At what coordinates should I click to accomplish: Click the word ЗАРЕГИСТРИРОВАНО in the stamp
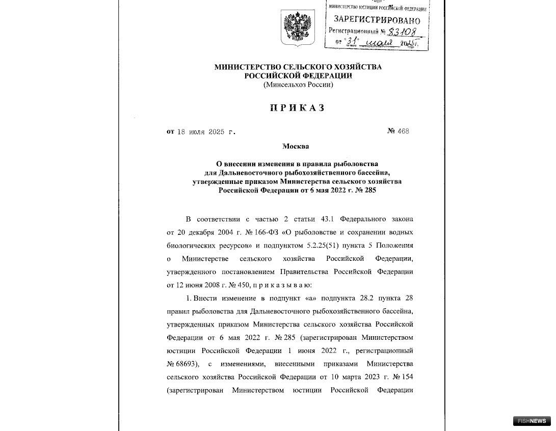click(x=377, y=20)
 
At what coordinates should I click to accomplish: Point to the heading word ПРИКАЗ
click(x=297, y=108)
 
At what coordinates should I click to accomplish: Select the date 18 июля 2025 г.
click(x=206, y=131)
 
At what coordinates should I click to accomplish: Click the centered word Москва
click(x=296, y=147)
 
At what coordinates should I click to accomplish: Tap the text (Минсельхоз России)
click(x=298, y=85)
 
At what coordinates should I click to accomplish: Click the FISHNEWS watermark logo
click(x=532, y=420)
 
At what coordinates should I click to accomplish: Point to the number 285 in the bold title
click(x=370, y=190)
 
